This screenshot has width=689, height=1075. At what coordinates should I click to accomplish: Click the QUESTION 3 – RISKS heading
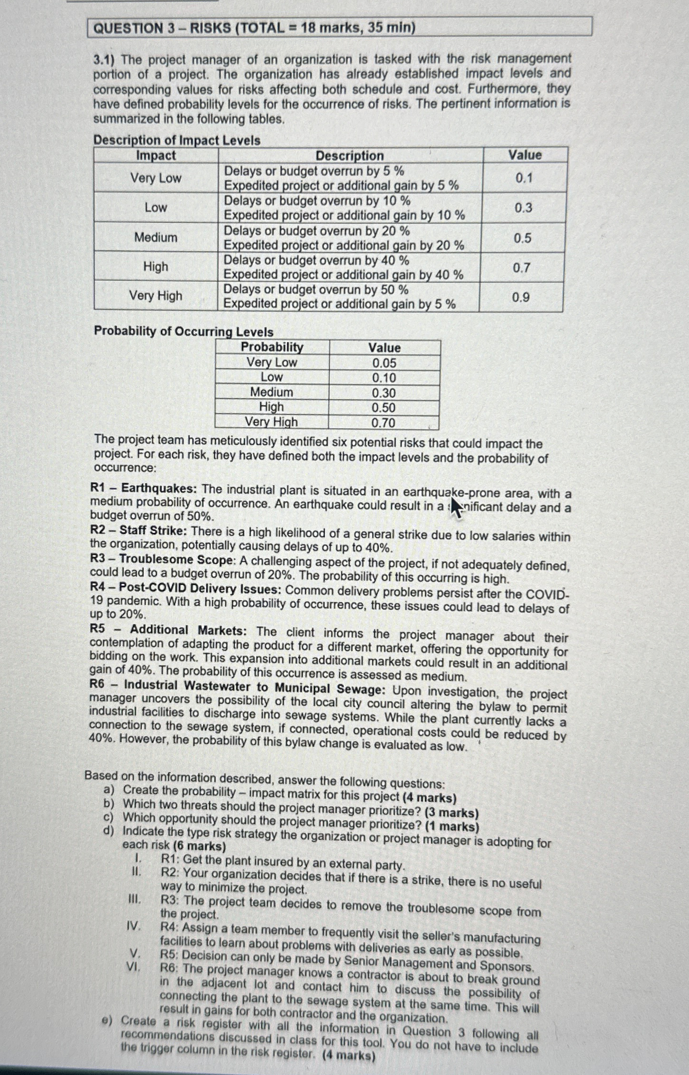[x=254, y=28]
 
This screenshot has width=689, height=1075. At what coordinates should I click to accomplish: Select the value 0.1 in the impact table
[x=524, y=178]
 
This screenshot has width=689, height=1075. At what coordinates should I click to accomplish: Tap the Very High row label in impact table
[x=156, y=296]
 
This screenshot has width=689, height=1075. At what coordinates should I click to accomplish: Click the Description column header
[x=349, y=156]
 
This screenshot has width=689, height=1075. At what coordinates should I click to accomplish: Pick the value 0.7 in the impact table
[x=521, y=268]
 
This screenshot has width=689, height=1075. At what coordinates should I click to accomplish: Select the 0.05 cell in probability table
[x=384, y=363]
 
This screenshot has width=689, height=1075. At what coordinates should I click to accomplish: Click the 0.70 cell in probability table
[x=383, y=423]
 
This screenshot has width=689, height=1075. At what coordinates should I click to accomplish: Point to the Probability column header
[x=272, y=347]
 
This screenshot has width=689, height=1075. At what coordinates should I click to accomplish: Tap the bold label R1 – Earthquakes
[x=143, y=488]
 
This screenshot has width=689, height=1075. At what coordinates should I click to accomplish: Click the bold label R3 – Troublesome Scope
[x=162, y=560]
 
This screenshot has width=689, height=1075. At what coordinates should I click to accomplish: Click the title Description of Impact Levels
[x=176, y=140]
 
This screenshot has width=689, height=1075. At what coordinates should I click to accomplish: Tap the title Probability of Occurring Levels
[x=184, y=331]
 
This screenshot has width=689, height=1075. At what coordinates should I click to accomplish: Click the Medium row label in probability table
[x=271, y=392]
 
